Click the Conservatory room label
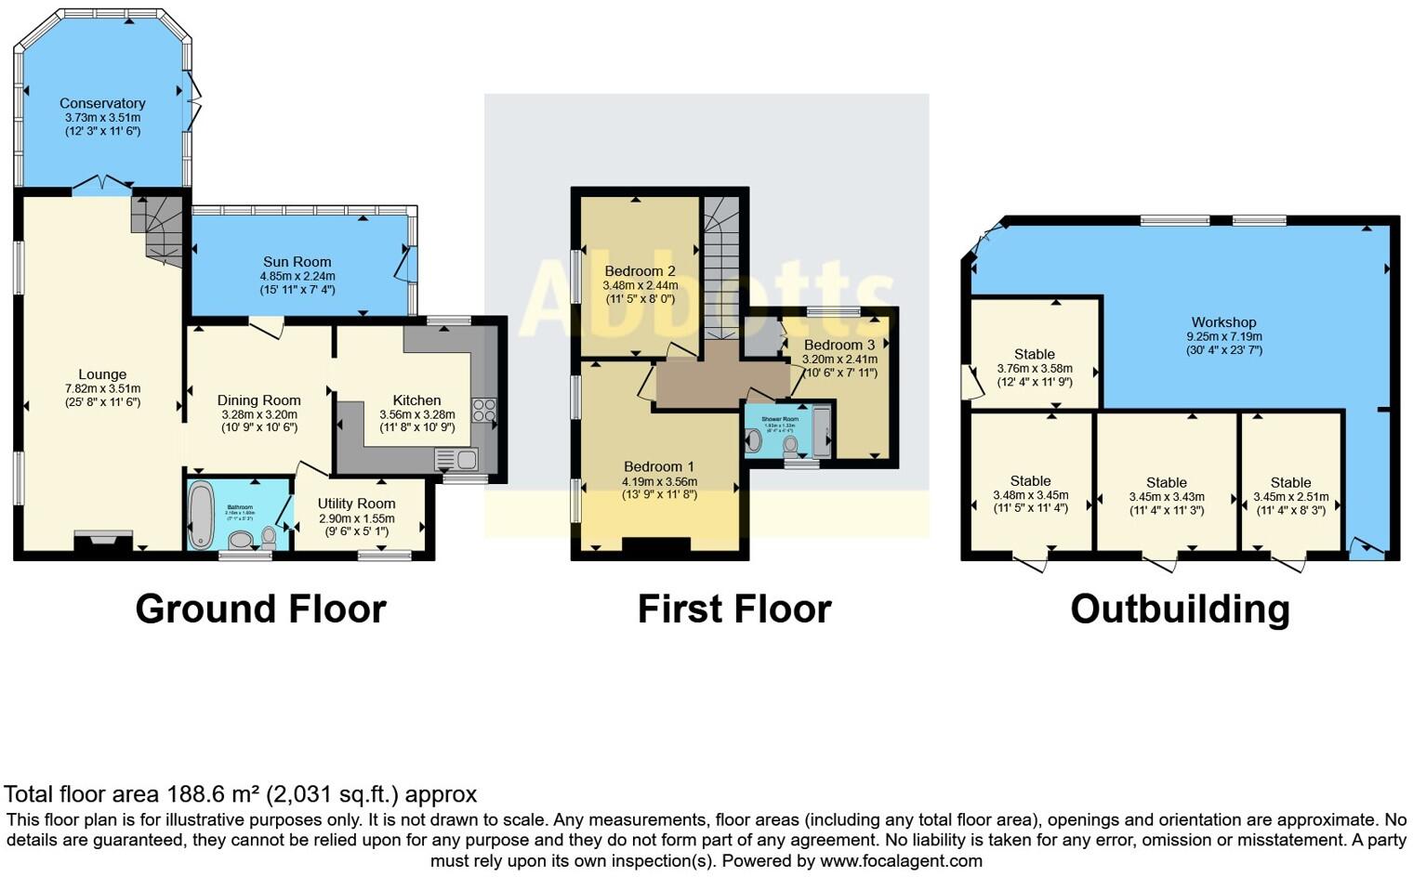click(x=102, y=103)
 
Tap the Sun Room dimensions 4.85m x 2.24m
click(x=297, y=276)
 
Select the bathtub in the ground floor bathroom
click(x=200, y=515)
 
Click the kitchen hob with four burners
click(x=483, y=411)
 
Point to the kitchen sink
click(x=456, y=459)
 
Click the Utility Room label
click(x=356, y=504)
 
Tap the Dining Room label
click(x=258, y=400)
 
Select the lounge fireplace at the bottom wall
click(x=103, y=541)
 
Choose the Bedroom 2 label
click(x=640, y=271)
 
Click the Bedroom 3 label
click(x=839, y=345)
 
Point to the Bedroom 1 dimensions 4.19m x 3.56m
click(x=659, y=481)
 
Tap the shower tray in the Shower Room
click(x=822, y=432)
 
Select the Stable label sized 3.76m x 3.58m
click(x=1034, y=354)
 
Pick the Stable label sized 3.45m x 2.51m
click(x=1290, y=482)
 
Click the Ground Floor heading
click(x=260, y=609)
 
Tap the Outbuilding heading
click(x=1180, y=609)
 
